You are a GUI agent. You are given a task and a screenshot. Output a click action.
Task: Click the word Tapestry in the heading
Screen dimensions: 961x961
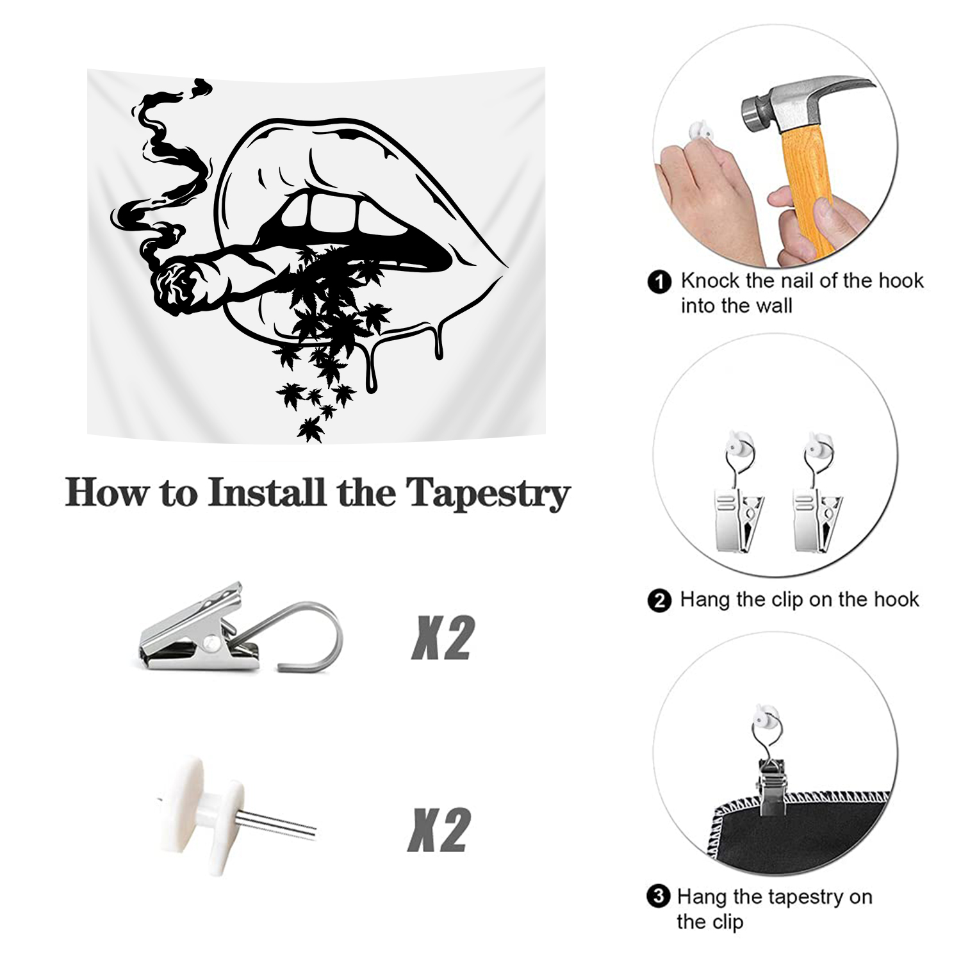488,494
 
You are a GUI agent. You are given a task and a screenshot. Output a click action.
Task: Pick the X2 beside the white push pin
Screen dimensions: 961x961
439,830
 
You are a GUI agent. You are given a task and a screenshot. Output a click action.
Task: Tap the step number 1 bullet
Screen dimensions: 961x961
659,282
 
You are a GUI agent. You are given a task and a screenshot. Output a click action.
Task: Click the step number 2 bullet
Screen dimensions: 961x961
659,601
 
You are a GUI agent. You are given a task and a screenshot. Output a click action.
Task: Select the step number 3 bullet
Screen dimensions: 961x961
658,896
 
